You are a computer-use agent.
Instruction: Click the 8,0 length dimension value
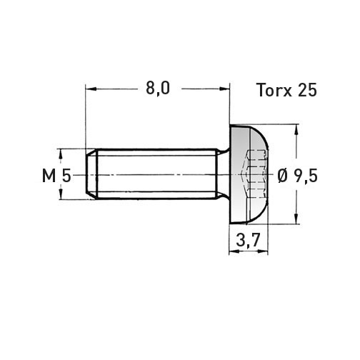click(x=158, y=89)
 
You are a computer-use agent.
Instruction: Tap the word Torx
click(x=274, y=90)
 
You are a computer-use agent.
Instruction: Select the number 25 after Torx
click(x=307, y=90)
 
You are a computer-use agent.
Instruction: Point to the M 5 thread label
click(x=56, y=176)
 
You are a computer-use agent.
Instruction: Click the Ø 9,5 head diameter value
click(x=298, y=176)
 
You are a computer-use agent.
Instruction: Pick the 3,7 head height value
click(x=248, y=240)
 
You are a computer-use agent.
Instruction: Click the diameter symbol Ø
click(x=283, y=176)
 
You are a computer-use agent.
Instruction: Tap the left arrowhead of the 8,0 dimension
click(x=91, y=89)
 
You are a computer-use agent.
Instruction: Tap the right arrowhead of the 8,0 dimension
click(x=224, y=89)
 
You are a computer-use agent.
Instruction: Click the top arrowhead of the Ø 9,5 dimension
click(x=296, y=130)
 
